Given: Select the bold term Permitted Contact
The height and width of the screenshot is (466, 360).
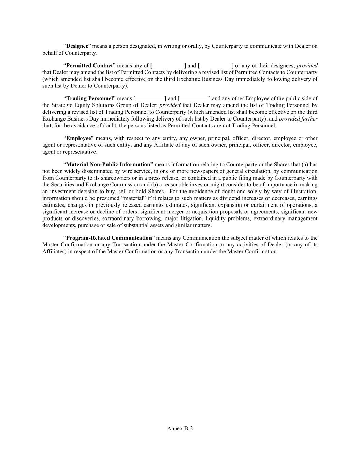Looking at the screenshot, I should point(89,66).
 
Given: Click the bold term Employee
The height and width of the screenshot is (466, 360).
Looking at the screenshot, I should point(78,138).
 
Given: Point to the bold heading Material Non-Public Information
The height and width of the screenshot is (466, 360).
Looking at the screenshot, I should point(108,165).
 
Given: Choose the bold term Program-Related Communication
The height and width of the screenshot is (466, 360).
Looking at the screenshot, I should point(109,238).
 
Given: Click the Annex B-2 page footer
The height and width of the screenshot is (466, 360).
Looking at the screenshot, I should point(180,429).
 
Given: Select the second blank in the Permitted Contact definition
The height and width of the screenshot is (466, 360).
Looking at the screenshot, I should point(216,66).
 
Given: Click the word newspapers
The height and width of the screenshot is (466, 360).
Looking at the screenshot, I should point(208,171).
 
